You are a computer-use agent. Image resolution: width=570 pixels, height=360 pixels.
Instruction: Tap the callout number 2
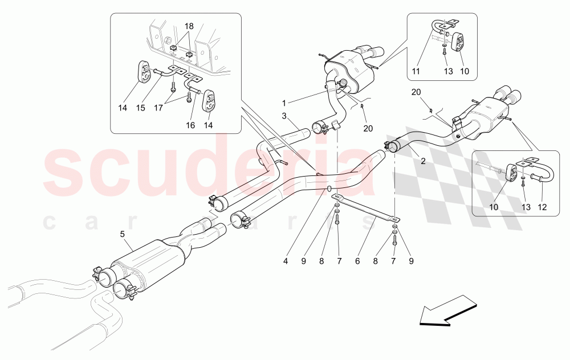tap(422, 161)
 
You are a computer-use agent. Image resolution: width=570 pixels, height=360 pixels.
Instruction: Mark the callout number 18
tap(189, 26)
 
